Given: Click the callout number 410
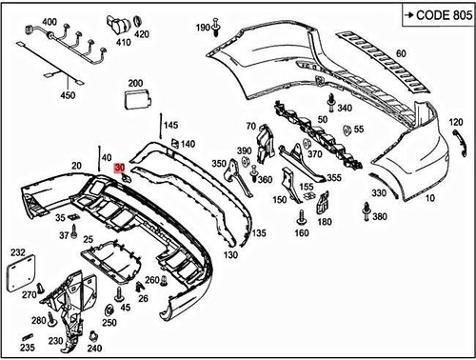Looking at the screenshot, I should tap(122, 42).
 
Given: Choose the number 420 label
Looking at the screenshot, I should tap(142, 34).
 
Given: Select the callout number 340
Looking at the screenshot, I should tap(344, 109).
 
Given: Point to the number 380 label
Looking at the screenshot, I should tap(380, 217).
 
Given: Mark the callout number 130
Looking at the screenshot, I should tap(230, 255).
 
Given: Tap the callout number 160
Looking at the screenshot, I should tap(301, 232).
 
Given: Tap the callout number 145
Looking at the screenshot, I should tap(170, 125).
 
